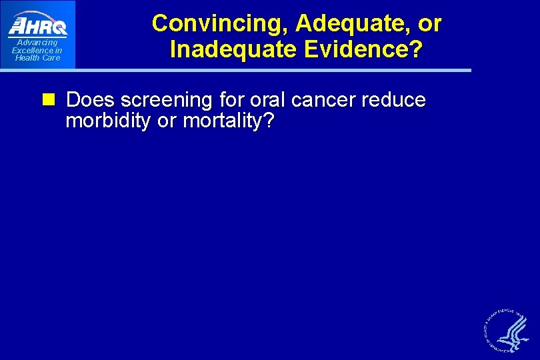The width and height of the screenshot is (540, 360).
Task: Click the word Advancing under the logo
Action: (37, 43)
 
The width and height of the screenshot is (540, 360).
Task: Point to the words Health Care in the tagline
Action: (37, 58)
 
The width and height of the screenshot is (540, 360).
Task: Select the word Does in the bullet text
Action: (91, 100)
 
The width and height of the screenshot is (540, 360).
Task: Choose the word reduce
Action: (395, 100)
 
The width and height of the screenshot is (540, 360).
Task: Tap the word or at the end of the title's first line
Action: (429, 23)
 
